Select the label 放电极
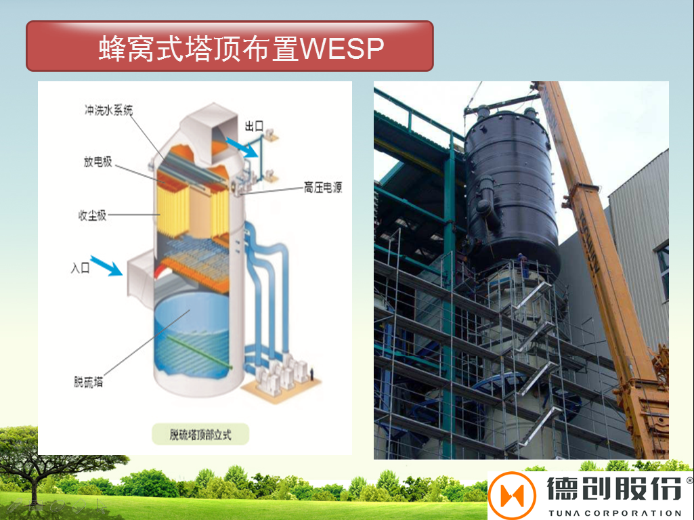[97, 162]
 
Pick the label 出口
[254, 127]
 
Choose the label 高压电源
[322, 188]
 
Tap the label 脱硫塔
[89, 381]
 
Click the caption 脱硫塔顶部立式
[200, 434]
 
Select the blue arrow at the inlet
[106, 266]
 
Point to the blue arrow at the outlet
[242, 146]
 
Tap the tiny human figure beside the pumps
[313, 374]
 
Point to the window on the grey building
[663, 271]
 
